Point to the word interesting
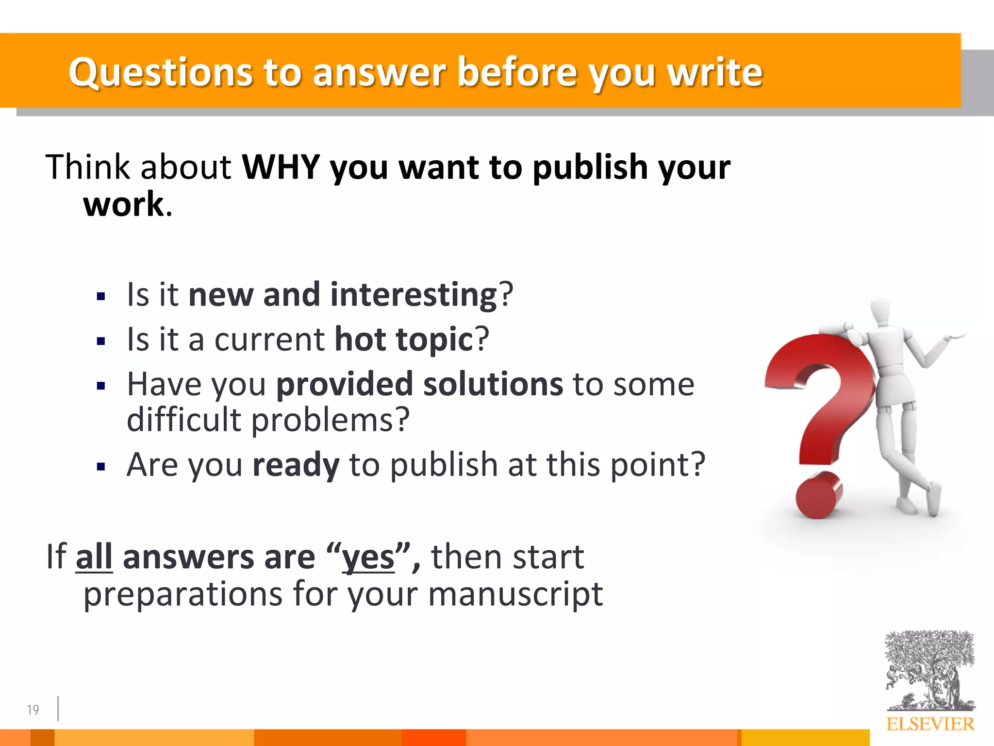click(414, 295)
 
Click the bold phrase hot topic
click(403, 339)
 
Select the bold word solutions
click(493, 384)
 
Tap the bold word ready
click(296, 465)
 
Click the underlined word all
click(94, 557)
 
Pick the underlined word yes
click(368, 557)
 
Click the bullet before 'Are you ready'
click(101, 467)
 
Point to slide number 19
click(33, 710)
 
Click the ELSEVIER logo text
click(929, 724)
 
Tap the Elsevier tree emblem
click(929, 670)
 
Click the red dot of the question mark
click(819, 496)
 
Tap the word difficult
click(183, 420)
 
